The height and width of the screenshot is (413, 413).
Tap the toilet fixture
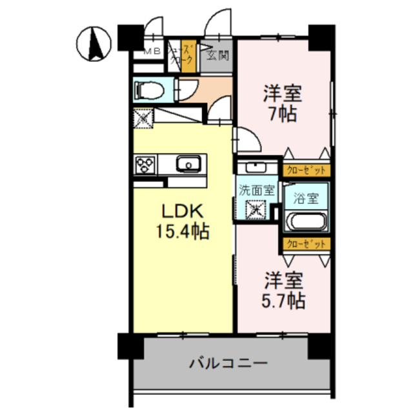point(145,89)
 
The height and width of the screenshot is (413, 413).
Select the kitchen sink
point(188,164)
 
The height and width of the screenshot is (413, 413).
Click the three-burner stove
point(145,164)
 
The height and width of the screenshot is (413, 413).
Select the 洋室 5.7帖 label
point(283,291)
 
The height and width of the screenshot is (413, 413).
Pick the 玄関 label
point(217,55)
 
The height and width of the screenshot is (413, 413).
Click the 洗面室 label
point(256,190)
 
